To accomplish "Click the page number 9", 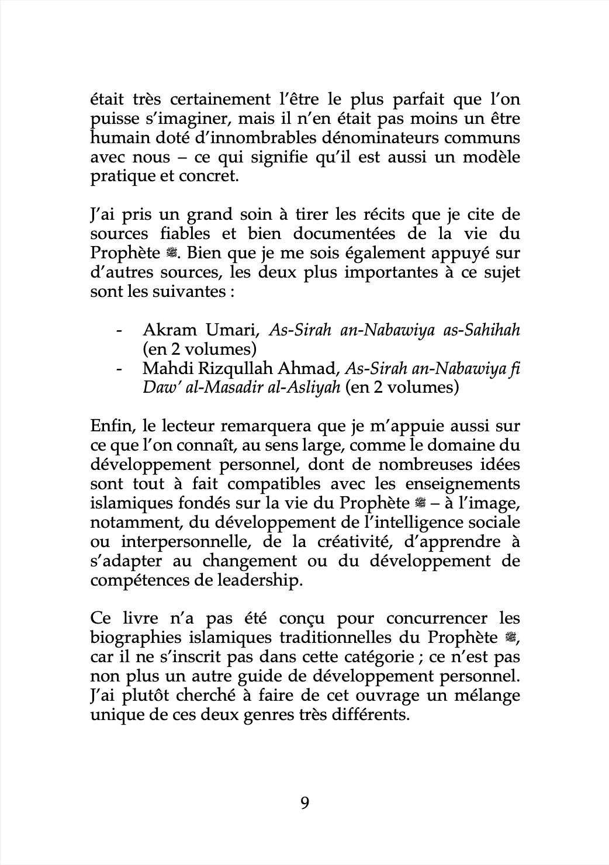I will pyautogui.click(x=304, y=802).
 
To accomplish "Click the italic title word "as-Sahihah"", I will pyautogui.click(x=482, y=330).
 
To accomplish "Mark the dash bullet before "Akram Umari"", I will pyautogui.click(x=119, y=331).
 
